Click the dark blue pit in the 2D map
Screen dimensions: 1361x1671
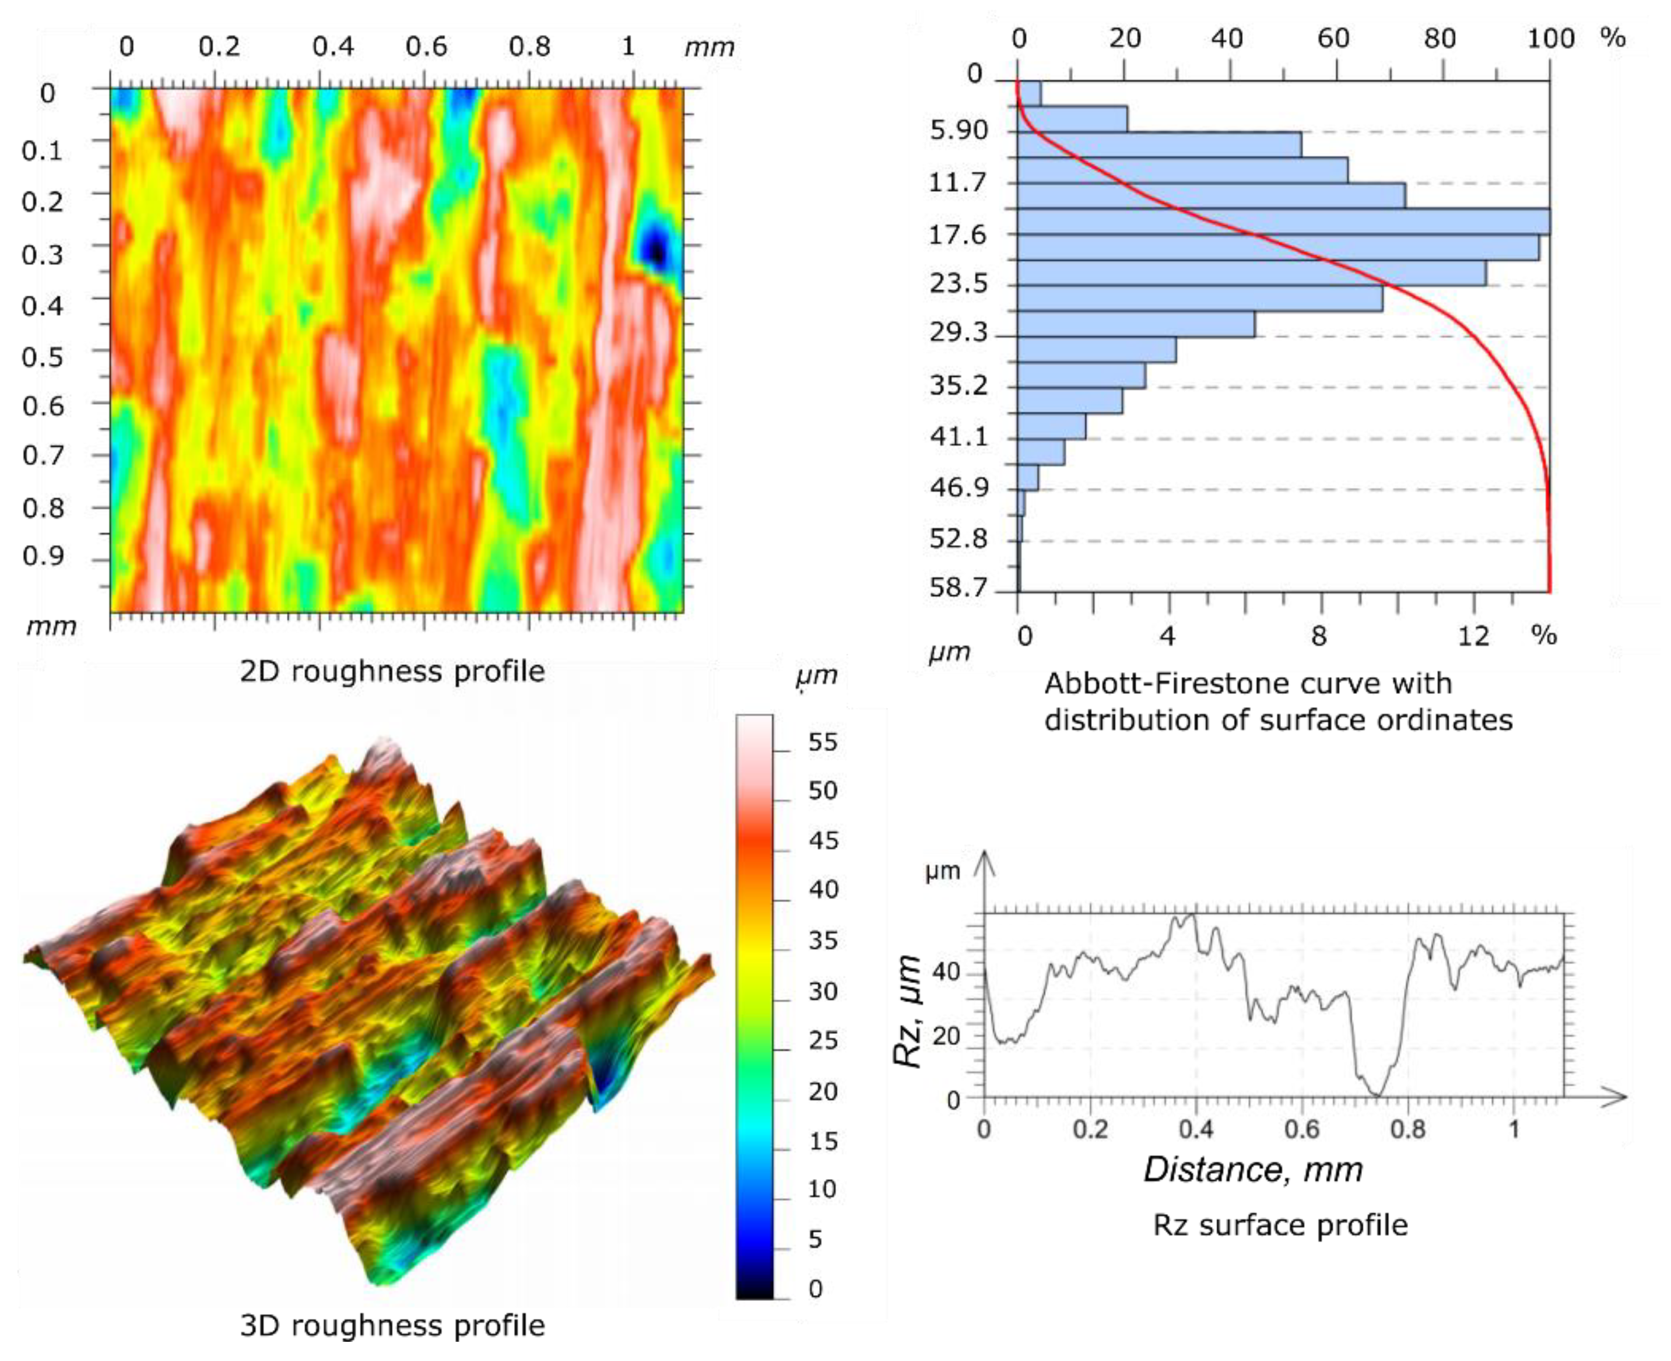pyautogui.click(x=655, y=252)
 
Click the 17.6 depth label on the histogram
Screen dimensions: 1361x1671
pyautogui.click(x=958, y=234)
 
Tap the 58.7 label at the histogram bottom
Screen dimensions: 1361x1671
pyautogui.click(x=958, y=587)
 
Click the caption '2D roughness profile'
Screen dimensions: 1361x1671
pyautogui.click(x=392, y=671)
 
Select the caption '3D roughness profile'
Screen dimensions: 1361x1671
pyautogui.click(x=392, y=1325)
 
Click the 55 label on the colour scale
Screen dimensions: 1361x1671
pyautogui.click(x=822, y=742)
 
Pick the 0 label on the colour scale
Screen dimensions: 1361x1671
pyautogui.click(x=815, y=1289)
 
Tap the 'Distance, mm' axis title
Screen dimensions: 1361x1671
pyautogui.click(x=1252, y=1169)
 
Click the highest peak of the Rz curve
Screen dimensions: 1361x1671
pyautogui.click(x=1193, y=915)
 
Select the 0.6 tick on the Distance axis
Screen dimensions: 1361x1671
pyautogui.click(x=1302, y=1130)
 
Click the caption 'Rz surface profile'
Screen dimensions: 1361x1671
pyautogui.click(x=1280, y=1225)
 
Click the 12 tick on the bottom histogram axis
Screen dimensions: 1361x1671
pyautogui.click(x=1473, y=636)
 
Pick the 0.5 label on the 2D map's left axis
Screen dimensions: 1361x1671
pyautogui.click(x=43, y=357)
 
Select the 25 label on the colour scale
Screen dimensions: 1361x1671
pyautogui.click(x=822, y=1040)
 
